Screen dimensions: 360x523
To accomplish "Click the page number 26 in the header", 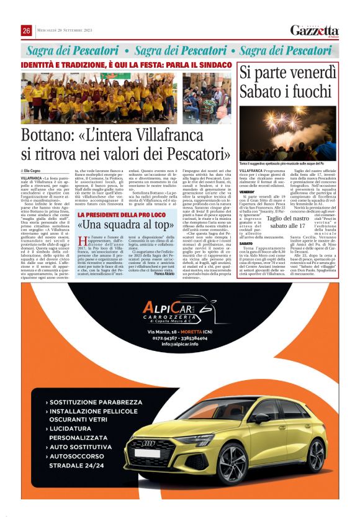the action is point(27,30).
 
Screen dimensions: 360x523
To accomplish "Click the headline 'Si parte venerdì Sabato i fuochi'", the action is point(288,81).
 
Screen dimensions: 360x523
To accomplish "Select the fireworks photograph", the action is point(288,127).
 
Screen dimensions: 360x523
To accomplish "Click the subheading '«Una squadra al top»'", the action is point(124,224).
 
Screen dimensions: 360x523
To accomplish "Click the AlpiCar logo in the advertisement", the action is point(179,309).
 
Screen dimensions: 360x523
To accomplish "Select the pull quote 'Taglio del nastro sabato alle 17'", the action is point(288,240).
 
